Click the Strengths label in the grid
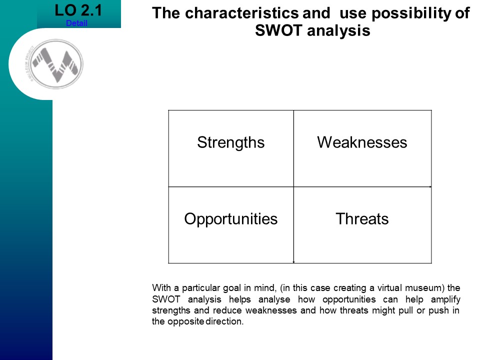[231, 142]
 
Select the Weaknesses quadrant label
[362, 142]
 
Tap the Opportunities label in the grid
[231, 219]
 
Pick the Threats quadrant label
[362, 218]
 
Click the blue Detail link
[76, 23]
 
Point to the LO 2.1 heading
[78, 10]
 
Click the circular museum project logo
[56, 64]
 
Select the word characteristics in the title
[241, 13]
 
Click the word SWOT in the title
[278, 30]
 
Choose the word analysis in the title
[338, 31]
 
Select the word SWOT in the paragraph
[166, 299]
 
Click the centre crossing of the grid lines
[293, 187]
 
